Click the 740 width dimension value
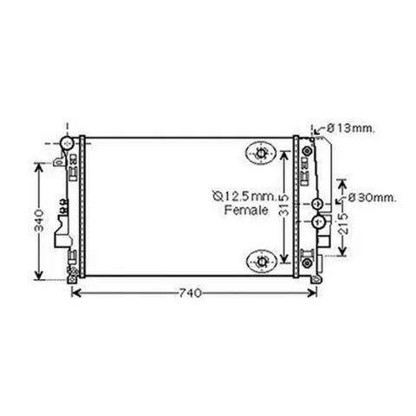(190, 293)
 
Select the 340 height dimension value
(39, 221)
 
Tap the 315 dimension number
(284, 205)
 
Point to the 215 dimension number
(343, 224)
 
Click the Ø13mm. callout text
(351, 128)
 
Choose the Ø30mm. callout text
(372, 198)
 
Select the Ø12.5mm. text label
(245, 197)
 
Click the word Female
(246, 210)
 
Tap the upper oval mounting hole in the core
(261, 153)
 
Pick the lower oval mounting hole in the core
(262, 262)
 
